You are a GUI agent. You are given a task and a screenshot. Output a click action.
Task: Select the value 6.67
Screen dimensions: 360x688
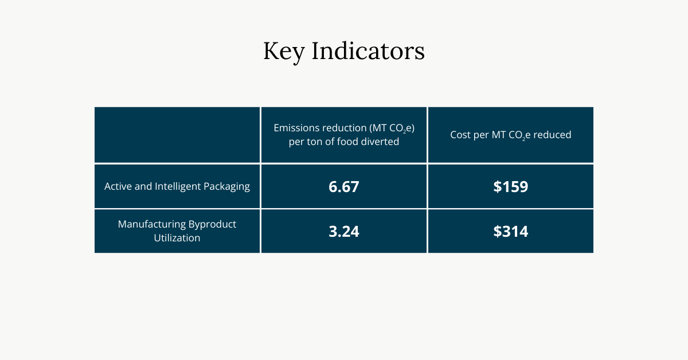344,187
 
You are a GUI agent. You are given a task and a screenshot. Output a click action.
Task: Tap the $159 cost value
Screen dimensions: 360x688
510,187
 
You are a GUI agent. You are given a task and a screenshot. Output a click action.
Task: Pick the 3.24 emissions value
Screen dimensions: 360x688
344,232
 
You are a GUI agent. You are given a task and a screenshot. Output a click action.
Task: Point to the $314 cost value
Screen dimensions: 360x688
510,232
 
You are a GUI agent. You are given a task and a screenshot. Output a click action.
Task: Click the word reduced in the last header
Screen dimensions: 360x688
553,135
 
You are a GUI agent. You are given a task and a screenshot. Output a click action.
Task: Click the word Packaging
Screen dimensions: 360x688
227,187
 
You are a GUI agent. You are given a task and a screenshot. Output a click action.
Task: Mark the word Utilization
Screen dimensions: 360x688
177,238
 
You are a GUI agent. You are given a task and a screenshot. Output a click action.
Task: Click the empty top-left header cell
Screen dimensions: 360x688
177,135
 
